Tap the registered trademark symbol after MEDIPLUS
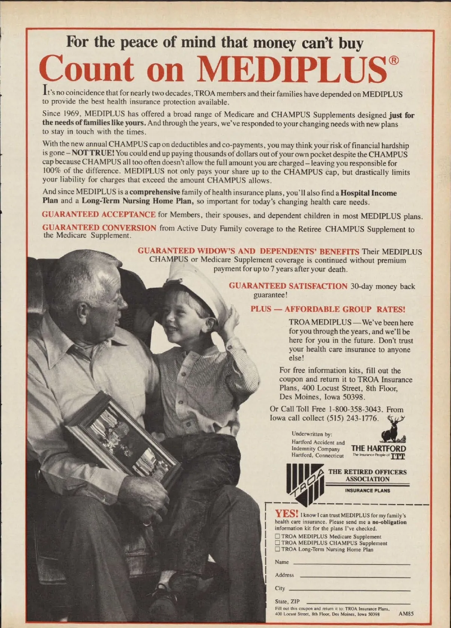click(x=393, y=60)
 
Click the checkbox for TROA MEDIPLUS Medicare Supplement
click(x=277, y=536)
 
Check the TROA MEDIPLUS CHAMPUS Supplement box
click(x=277, y=543)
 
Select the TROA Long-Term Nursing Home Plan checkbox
click(x=277, y=549)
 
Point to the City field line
click(x=348, y=590)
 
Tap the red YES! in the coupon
click(x=286, y=514)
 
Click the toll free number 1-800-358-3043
click(x=355, y=409)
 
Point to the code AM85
click(x=406, y=613)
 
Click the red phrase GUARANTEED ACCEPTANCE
click(x=98, y=215)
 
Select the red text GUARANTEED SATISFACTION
click(x=288, y=286)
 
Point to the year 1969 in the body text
click(x=70, y=114)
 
